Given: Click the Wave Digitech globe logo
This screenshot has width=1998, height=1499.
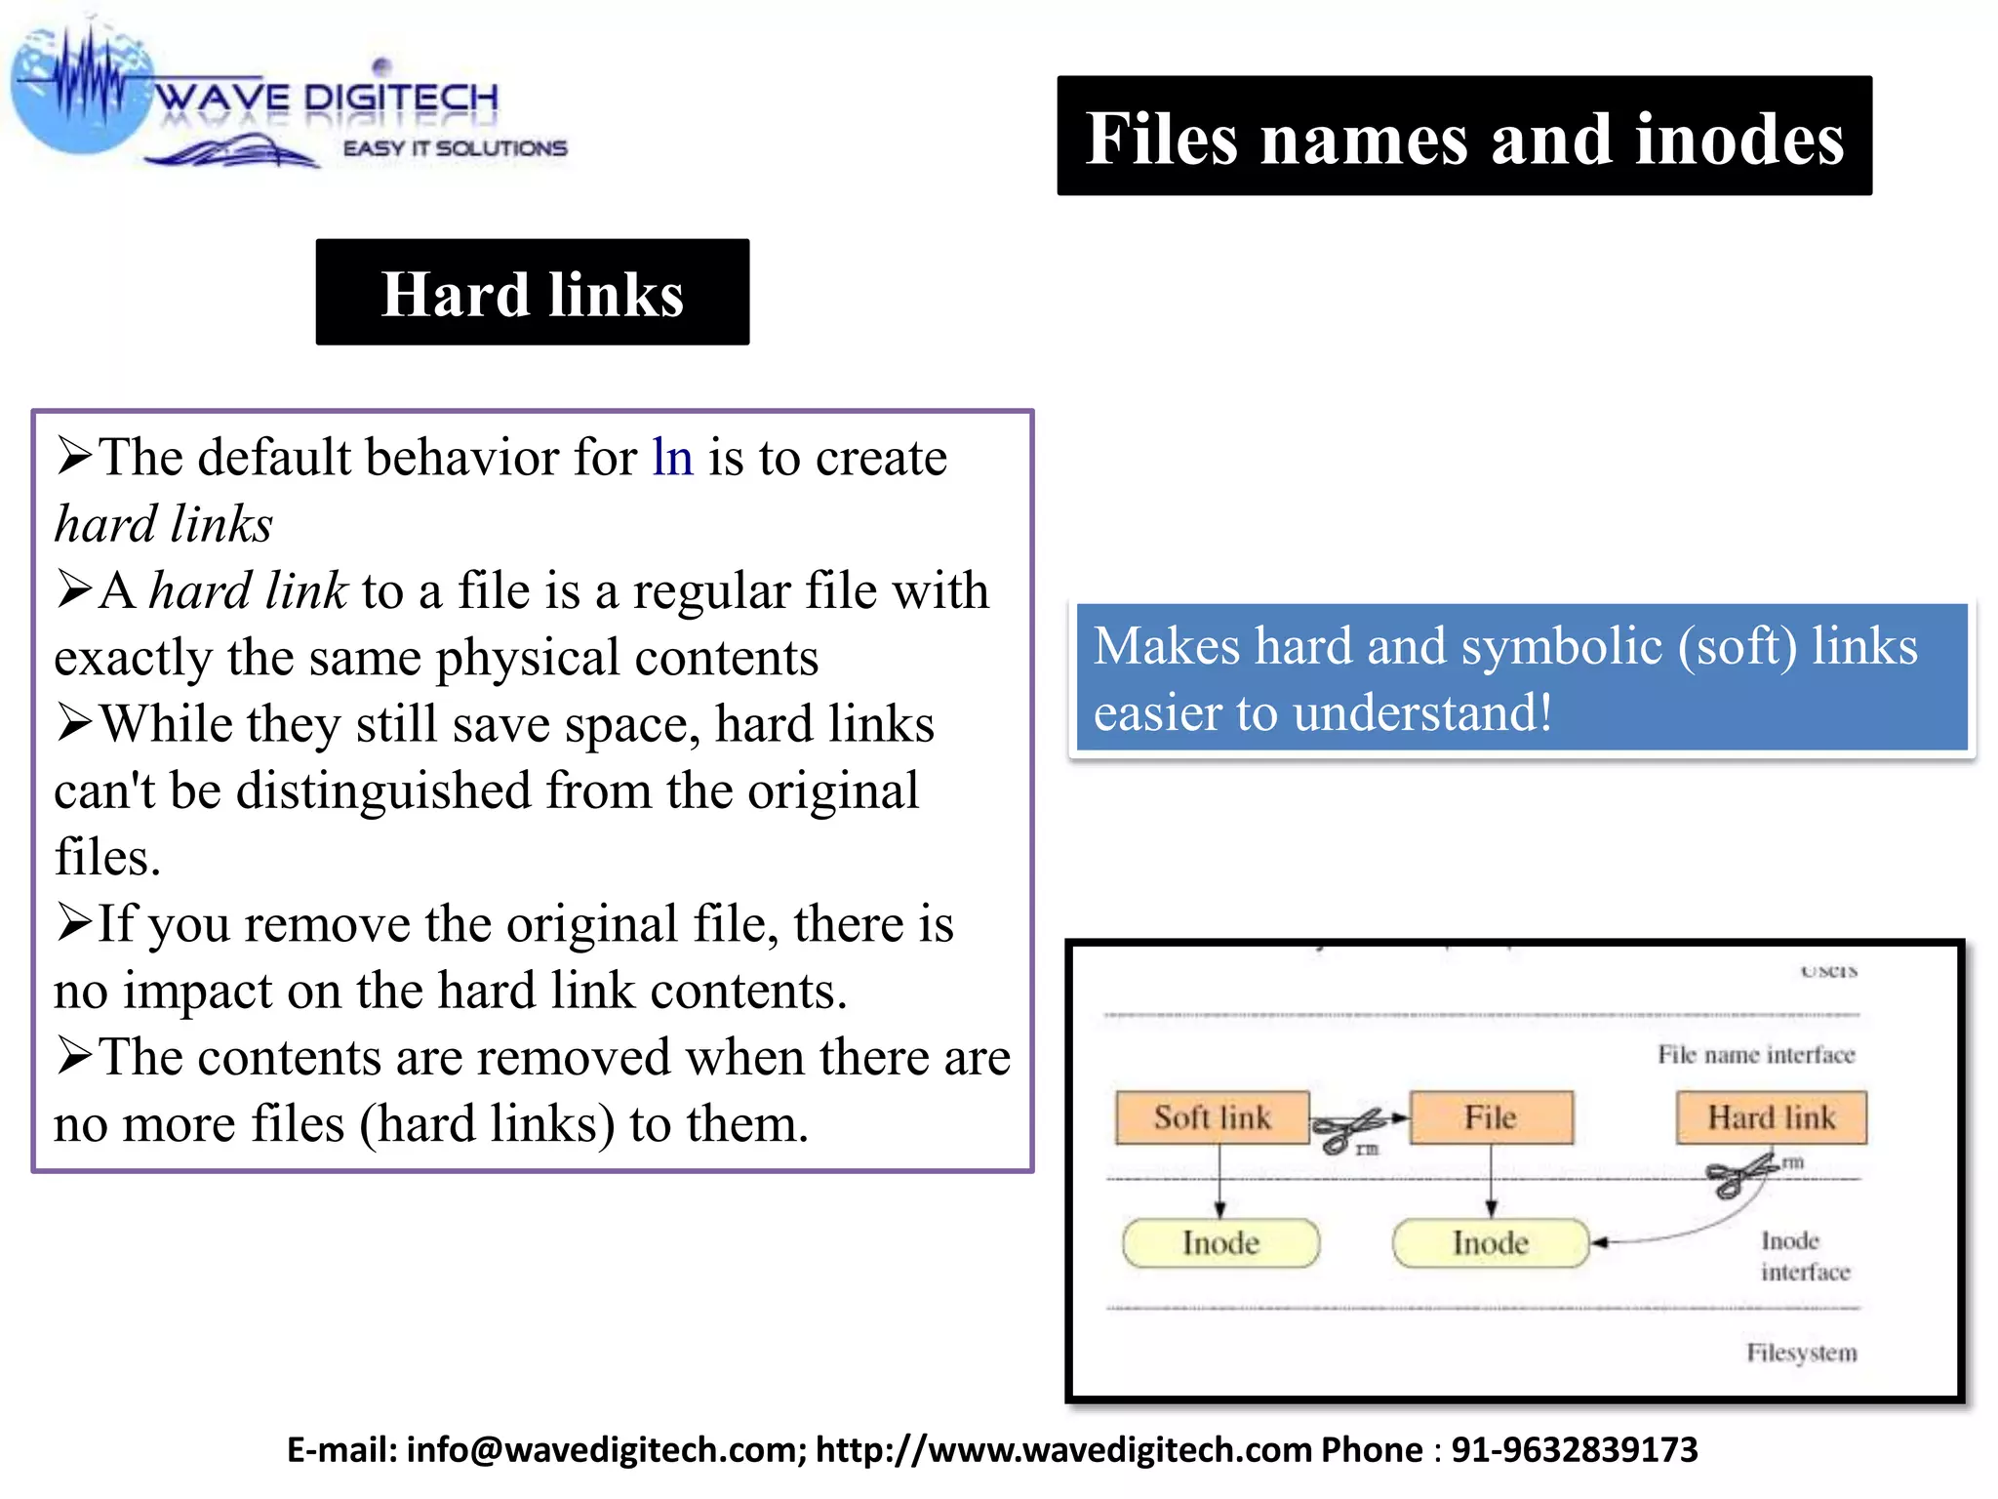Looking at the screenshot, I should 83,93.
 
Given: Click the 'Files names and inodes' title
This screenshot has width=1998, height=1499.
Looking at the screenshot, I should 1463,137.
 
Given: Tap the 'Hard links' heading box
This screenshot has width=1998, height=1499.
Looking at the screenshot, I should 532,293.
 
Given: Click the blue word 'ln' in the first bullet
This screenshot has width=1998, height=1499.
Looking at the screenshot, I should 672,457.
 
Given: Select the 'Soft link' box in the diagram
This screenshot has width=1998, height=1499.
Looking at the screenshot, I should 1212,1117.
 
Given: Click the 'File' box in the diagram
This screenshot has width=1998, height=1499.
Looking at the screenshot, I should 1491,1117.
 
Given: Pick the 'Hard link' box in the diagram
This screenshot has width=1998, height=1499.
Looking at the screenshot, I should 1771,1117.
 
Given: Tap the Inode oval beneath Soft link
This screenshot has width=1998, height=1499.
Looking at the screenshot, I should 1220,1243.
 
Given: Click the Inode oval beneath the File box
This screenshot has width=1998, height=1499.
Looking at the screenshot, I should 1490,1243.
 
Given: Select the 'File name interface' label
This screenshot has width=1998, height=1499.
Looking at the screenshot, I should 1755,1055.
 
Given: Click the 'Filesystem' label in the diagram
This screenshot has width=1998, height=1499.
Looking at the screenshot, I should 1801,1353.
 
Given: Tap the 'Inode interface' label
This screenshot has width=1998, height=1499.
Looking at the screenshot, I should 1804,1256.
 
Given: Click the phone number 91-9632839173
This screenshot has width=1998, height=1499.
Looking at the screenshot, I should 1574,1450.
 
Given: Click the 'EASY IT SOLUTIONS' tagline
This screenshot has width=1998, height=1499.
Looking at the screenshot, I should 455,148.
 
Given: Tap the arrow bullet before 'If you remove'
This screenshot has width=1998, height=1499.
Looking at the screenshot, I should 74,922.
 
